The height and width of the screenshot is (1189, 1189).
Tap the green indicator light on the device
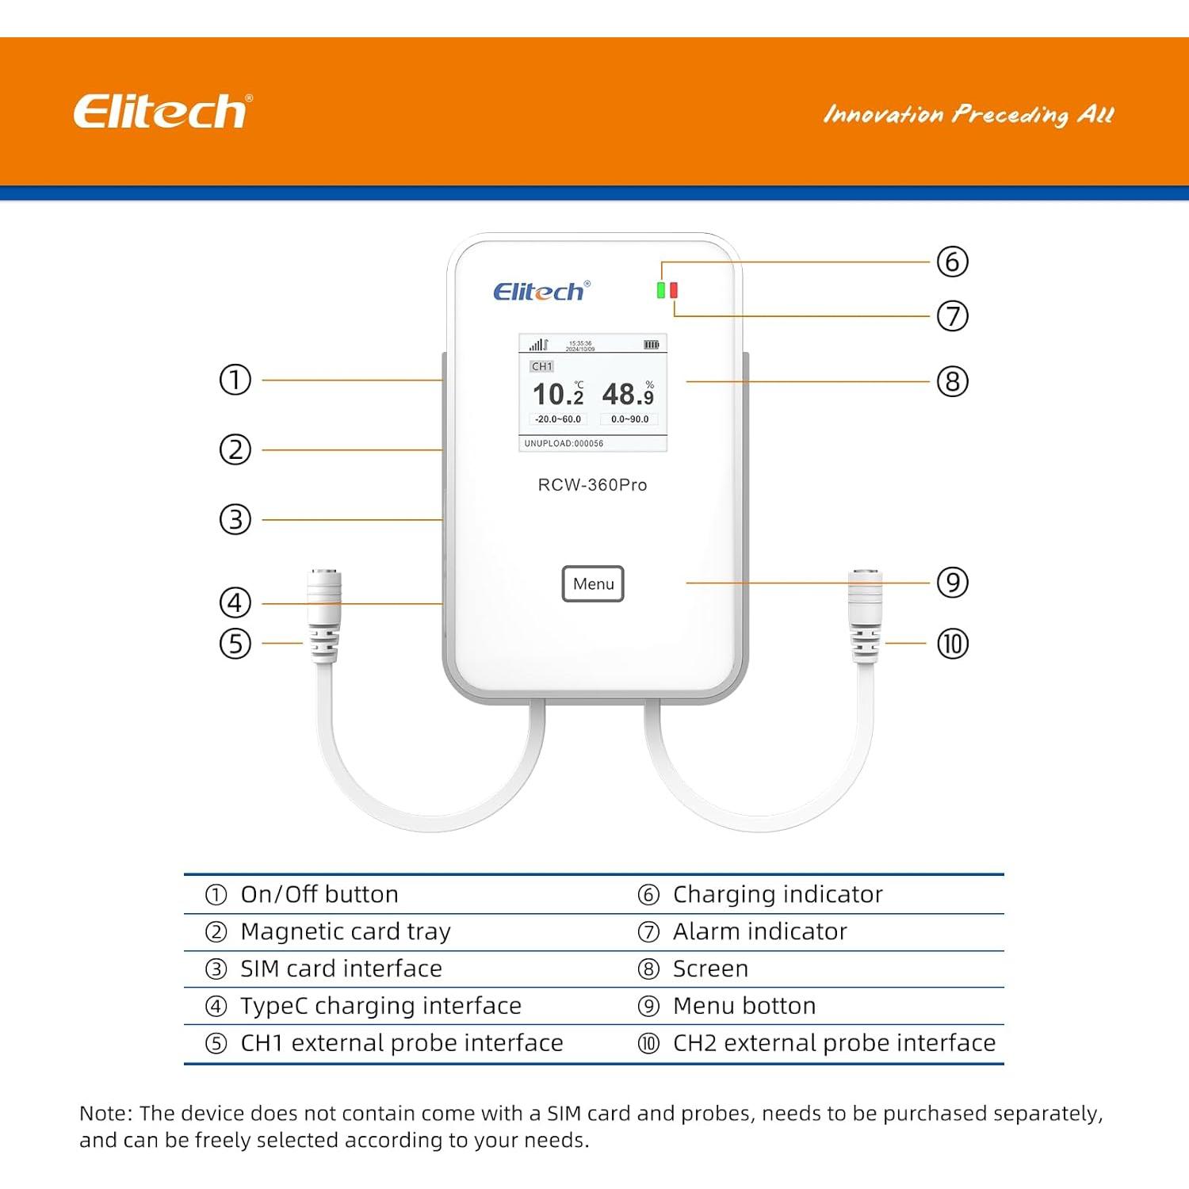(660, 290)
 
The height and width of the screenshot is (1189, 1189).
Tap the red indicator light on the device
(674, 290)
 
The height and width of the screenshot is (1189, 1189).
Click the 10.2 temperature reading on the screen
(558, 394)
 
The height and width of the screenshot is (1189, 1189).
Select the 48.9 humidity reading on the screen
(628, 394)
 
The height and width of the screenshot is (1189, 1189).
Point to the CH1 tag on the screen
(542, 366)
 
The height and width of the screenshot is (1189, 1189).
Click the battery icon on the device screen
(651, 345)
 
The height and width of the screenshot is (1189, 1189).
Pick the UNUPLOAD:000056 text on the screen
(564, 443)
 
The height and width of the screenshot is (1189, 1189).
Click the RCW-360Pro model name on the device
(592, 485)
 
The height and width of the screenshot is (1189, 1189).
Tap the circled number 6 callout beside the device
(952, 262)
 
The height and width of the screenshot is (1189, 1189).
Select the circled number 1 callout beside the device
(235, 380)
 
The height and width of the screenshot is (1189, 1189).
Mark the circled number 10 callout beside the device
(952, 644)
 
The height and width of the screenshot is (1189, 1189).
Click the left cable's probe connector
(324, 614)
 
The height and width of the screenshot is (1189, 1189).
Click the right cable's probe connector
(865, 614)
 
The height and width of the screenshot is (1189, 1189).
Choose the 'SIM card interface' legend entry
(341, 969)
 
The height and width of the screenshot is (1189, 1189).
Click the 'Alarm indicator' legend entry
(759, 931)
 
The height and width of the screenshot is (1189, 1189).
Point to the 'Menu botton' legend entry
(744, 1006)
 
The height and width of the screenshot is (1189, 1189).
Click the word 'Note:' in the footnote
(105, 1114)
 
